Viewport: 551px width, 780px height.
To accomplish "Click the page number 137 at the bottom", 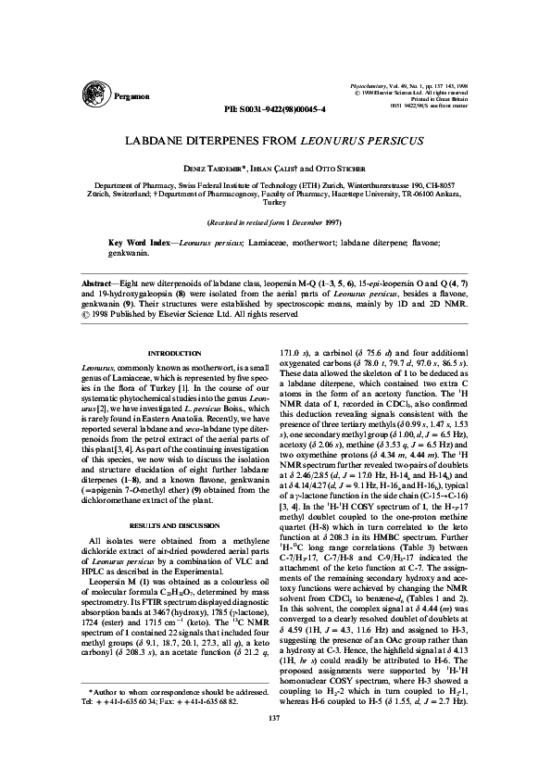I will (275, 744).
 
